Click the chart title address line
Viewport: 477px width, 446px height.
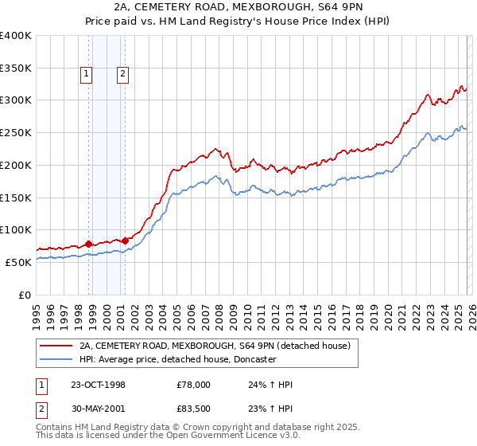(238, 8)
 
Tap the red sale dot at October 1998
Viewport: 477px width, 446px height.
(89, 244)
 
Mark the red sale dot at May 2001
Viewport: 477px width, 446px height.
(125, 241)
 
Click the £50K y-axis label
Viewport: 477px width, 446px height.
(18, 262)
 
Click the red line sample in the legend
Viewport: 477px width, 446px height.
(56, 346)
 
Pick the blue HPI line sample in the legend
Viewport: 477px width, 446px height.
(56, 359)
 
